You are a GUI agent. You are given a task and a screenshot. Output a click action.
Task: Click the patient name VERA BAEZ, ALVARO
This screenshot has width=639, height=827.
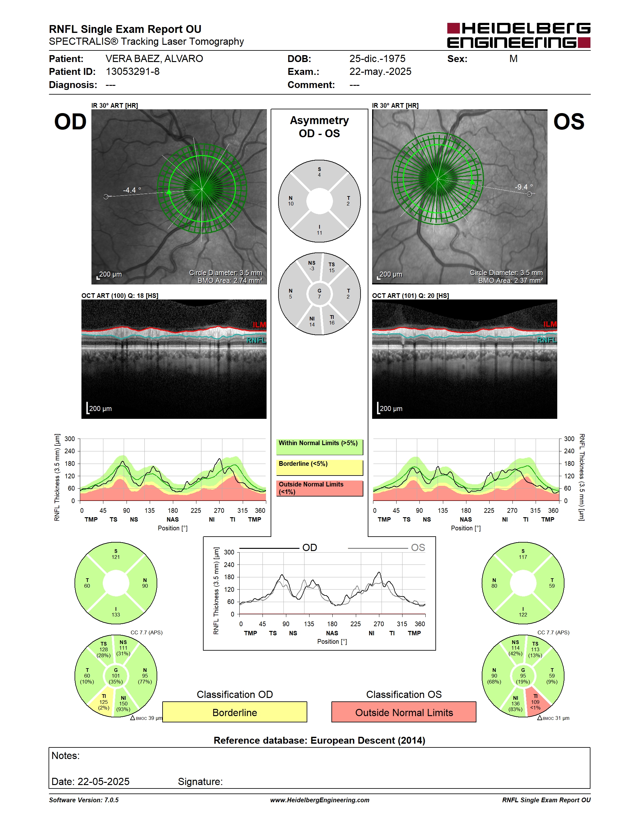pyautogui.click(x=154, y=59)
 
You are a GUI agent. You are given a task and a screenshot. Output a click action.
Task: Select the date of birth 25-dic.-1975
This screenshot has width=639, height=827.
pyautogui.click(x=377, y=59)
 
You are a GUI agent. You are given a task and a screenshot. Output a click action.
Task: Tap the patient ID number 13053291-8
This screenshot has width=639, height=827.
pyautogui.click(x=132, y=71)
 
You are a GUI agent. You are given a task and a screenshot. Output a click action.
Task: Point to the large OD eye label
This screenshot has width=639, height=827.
pyautogui.click(x=70, y=122)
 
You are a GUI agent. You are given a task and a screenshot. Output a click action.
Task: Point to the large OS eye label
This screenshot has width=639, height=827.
pyautogui.click(x=569, y=122)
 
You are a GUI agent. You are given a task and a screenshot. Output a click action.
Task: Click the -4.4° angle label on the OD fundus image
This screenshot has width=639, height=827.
pyautogui.click(x=132, y=190)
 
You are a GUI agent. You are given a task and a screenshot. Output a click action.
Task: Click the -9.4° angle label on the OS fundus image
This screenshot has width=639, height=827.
pyautogui.click(x=523, y=187)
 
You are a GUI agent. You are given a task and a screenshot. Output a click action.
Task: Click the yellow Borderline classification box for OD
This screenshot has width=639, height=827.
pyautogui.click(x=235, y=712)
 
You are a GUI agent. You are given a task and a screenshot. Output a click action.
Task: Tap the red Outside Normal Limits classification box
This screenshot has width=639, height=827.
pyautogui.click(x=404, y=712)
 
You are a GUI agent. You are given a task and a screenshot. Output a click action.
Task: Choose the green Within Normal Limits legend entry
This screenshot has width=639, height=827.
pyautogui.click(x=319, y=447)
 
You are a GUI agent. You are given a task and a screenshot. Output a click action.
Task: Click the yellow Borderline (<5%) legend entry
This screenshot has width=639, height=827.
pyautogui.click(x=319, y=467)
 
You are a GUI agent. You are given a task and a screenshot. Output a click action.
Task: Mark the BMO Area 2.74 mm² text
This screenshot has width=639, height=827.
pyautogui.click(x=230, y=281)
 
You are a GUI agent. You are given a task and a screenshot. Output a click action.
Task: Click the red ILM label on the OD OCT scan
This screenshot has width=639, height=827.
pyautogui.click(x=259, y=325)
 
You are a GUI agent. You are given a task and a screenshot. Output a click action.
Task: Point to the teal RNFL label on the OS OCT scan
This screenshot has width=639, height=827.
pyautogui.click(x=547, y=340)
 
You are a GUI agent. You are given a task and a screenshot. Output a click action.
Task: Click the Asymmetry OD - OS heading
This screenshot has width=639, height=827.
pyautogui.click(x=319, y=127)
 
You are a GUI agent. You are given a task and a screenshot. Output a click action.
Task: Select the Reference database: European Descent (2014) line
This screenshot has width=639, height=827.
pyautogui.click(x=319, y=740)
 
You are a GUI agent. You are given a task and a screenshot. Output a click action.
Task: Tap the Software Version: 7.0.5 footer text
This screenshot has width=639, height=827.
pyautogui.click(x=84, y=800)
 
